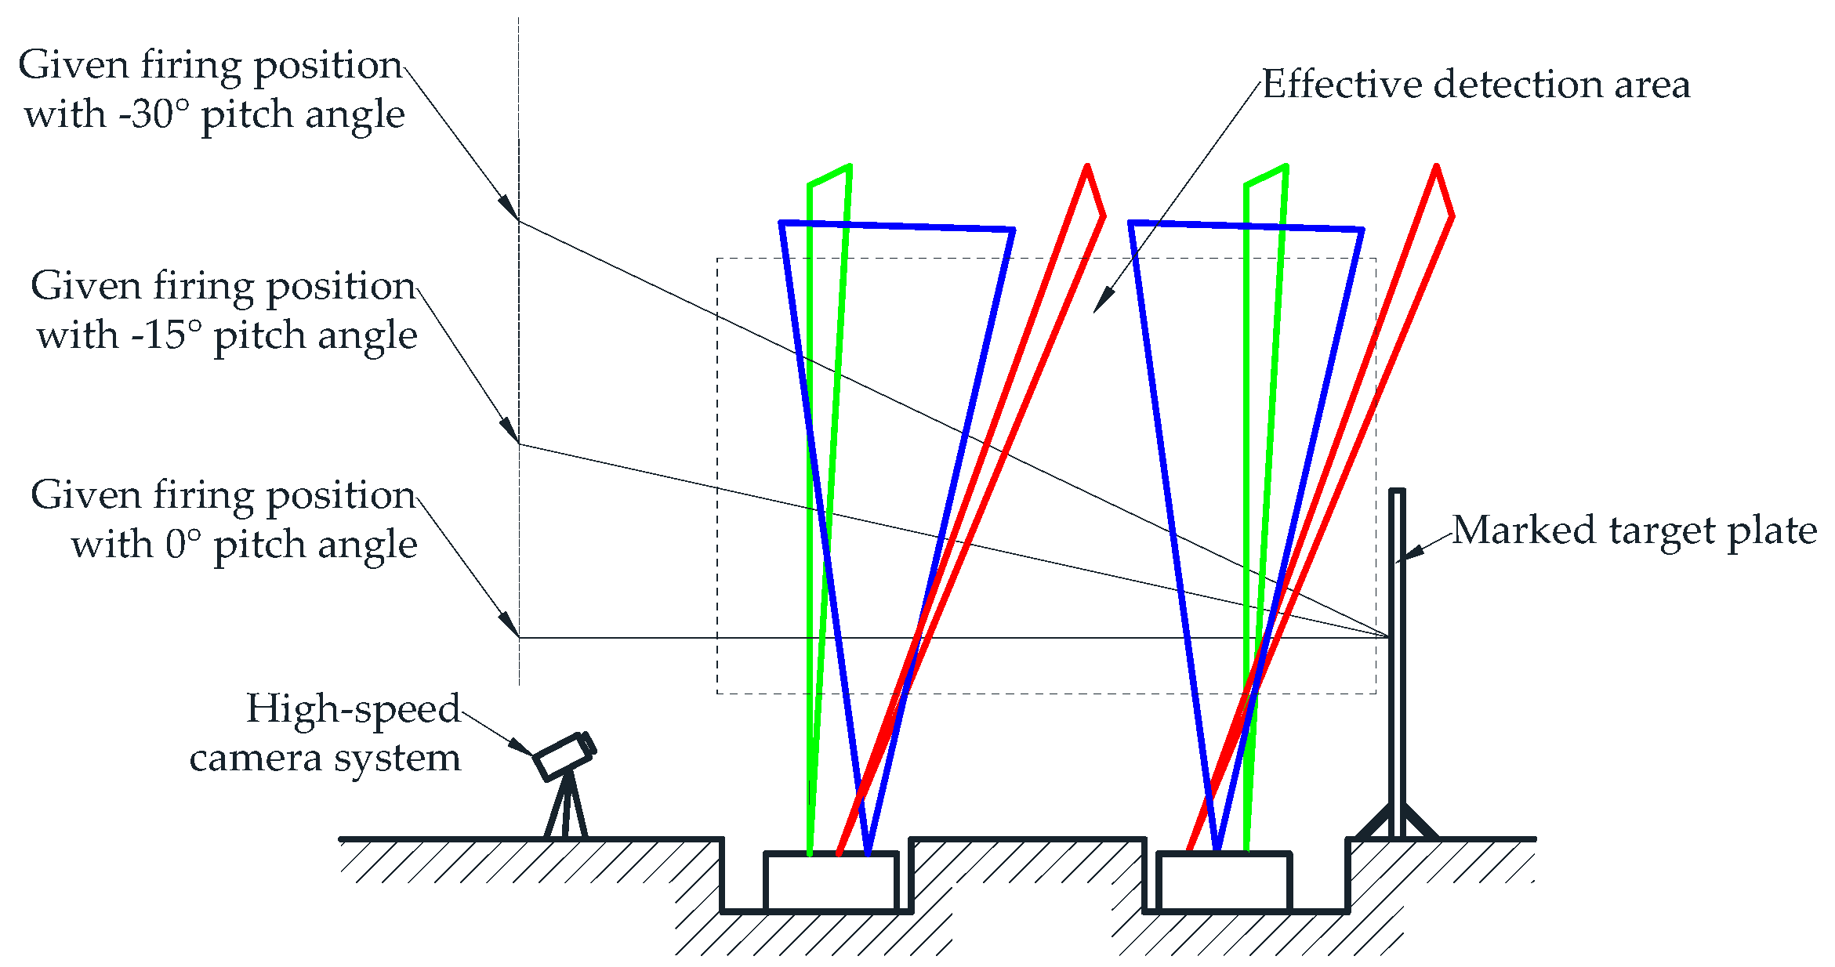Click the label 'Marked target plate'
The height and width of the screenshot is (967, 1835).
(x=1634, y=531)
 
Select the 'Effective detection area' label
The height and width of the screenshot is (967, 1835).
(x=1476, y=84)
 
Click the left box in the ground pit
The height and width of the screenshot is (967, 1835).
(x=831, y=882)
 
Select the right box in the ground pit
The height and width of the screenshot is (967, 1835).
(x=1224, y=882)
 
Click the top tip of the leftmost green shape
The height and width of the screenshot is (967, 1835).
(x=849, y=166)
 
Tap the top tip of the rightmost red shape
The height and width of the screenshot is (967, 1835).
(x=1436, y=167)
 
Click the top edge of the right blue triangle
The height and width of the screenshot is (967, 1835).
(x=1246, y=226)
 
